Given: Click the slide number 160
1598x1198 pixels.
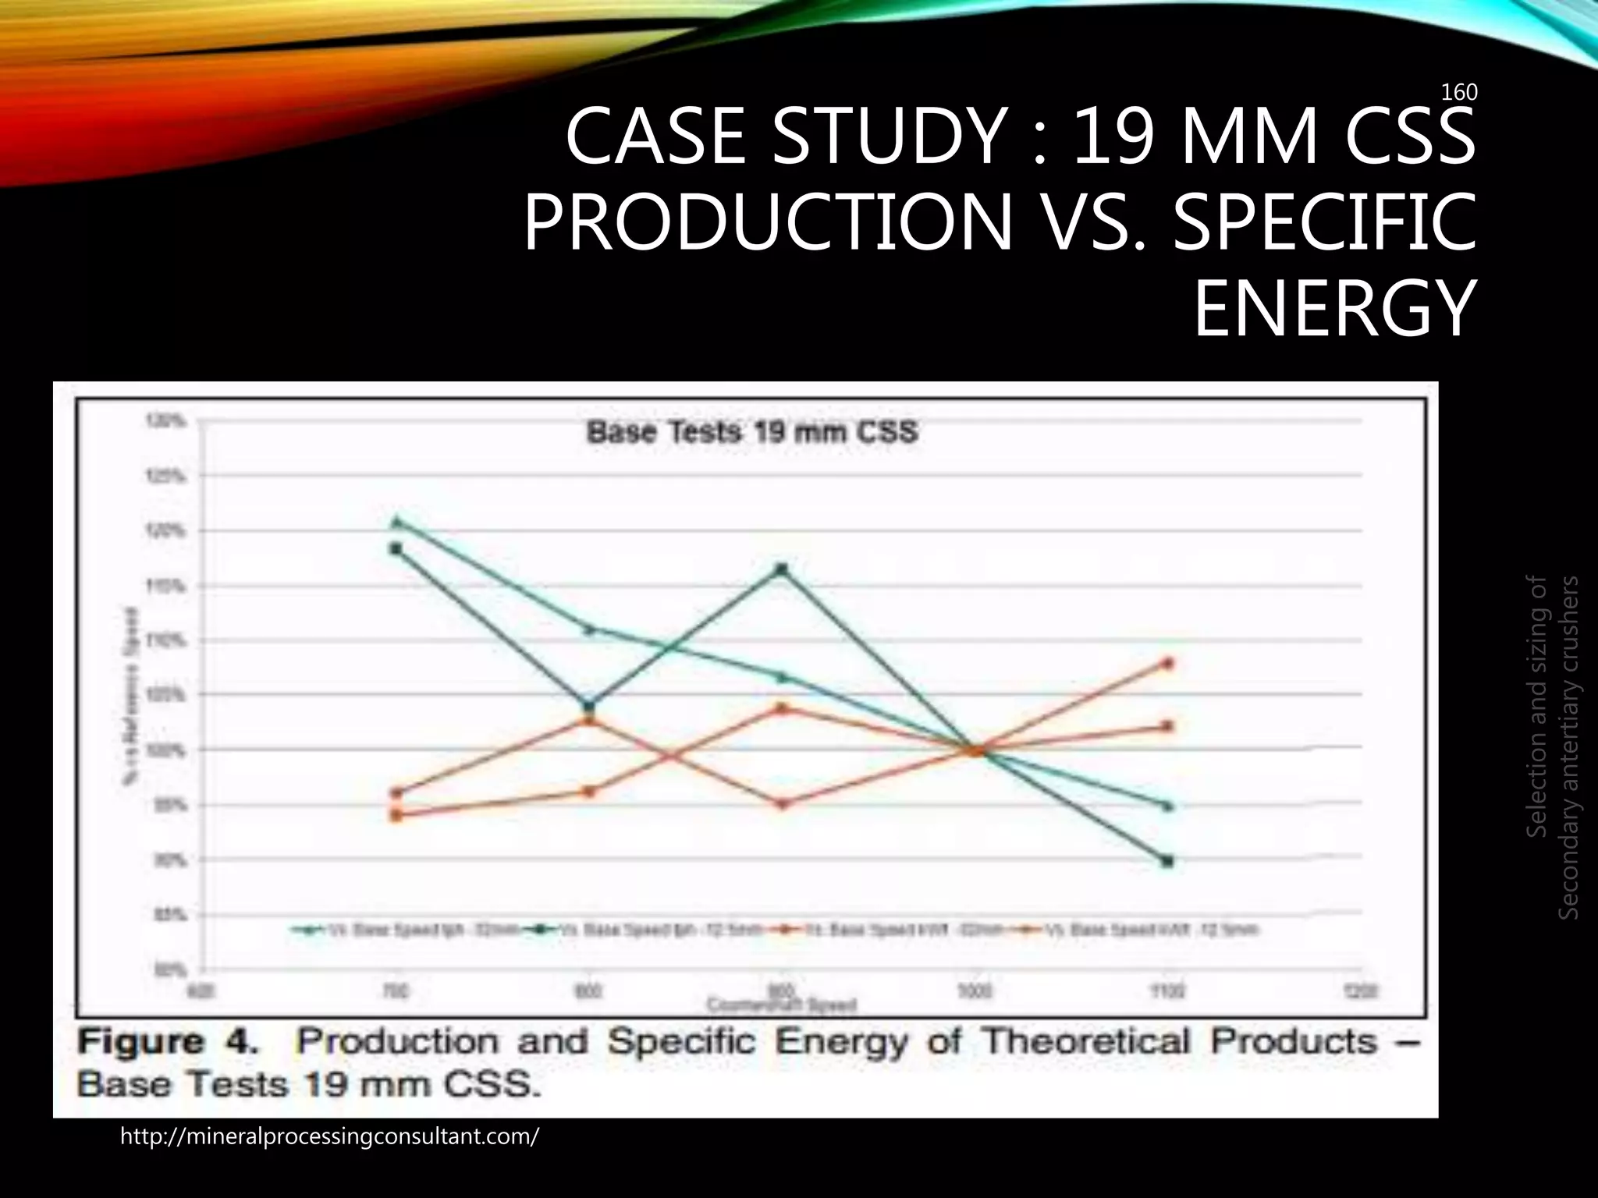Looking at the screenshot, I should [1458, 93].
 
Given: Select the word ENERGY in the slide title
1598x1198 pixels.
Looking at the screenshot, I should [1334, 310].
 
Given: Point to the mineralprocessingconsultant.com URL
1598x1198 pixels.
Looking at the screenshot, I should [328, 1136].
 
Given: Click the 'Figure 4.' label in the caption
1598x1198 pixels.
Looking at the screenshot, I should [168, 1043].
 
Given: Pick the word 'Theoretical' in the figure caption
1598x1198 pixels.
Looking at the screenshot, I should [1085, 1043].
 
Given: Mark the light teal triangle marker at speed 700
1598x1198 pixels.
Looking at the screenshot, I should [396, 522].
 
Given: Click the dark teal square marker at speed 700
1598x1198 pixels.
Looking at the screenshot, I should [396, 549].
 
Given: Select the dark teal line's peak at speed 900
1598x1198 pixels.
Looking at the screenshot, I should [782, 569].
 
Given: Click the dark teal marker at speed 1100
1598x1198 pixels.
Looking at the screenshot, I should [1167, 861].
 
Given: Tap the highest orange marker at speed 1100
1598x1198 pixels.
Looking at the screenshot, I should [1168, 664].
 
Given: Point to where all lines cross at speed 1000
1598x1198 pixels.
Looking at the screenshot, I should [975, 750].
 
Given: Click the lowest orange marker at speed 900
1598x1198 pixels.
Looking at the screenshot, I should [783, 803].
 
